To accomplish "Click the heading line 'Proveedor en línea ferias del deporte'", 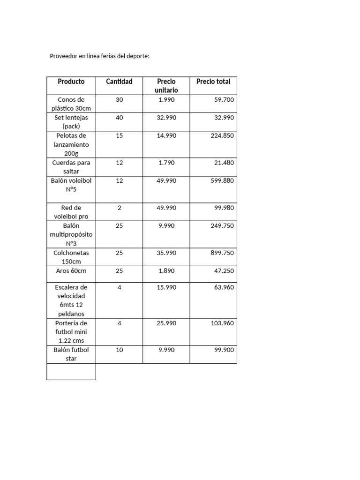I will (99, 56).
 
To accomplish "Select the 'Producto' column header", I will (71, 82).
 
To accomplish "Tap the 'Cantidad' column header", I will (119, 82).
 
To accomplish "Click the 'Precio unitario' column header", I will (166, 86).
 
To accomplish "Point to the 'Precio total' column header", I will (213, 82).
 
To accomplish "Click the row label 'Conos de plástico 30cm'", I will (71, 104).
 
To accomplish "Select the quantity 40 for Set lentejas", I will (119, 118).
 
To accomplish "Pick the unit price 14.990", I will (166, 135).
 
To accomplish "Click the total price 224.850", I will (222, 135).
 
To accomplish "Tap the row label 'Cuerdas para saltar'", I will (71, 167).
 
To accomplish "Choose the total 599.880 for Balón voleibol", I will (222, 180).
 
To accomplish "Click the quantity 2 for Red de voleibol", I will (119, 208).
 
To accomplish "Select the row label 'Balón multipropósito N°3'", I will (71, 234).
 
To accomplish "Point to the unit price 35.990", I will (166, 253).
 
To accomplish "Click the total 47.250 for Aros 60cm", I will (224, 271).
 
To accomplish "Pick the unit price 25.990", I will (166, 323).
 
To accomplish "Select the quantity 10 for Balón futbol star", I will (119, 350).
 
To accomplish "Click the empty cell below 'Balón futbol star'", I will (71, 371).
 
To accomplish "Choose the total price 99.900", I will (224, 350).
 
